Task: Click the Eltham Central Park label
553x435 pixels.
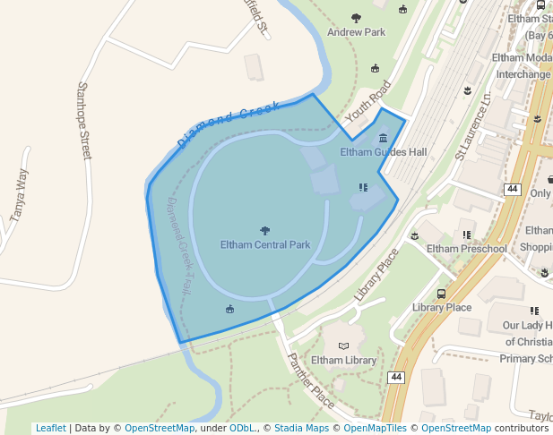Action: click(264, 244)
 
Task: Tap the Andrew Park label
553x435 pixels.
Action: click(356, 32)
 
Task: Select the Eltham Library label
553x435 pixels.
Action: click(343, 361)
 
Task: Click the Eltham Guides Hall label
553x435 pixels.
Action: click(384, 152)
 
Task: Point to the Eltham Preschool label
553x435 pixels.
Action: click(467, 249)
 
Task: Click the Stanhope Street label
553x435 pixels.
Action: click(84, 121)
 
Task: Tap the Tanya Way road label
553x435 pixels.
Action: click(18, 195)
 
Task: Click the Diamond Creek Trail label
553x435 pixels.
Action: click(177, 243)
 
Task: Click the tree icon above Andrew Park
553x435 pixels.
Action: click(357, 18)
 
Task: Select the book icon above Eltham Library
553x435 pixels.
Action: click(343, 345)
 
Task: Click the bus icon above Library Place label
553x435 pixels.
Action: click(441, 293)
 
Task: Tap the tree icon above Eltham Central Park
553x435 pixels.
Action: click(264, 230)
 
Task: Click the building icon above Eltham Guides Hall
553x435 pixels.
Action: click(384, 138)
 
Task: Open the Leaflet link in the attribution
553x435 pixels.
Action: click(50, 429)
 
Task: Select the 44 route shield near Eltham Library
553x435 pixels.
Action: click(396, 378)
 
